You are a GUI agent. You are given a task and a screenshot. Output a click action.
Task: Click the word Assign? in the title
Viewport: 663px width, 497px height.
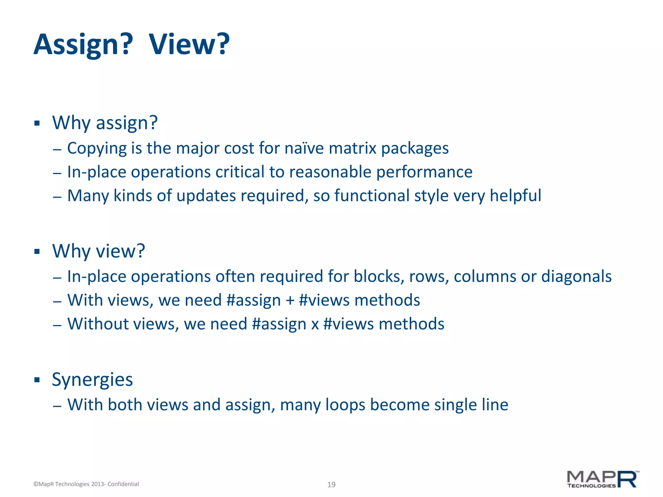coord(83,45)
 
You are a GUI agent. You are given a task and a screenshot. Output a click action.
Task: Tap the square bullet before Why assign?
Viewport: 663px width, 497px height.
coord(37,123)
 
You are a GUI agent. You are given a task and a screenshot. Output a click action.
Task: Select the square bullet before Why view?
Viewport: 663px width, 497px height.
coord(37,251)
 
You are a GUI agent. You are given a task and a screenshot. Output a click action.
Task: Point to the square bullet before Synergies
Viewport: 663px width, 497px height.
coord(37,380)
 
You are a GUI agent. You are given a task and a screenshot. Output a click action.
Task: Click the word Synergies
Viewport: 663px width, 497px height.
coord(92,380)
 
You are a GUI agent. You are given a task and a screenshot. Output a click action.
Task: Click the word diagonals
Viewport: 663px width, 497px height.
coord(576,277)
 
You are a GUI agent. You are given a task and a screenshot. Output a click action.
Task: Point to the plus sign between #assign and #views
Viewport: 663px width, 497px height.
coord(290,301)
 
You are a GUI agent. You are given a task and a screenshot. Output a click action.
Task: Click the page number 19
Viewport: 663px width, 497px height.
coord(331,485)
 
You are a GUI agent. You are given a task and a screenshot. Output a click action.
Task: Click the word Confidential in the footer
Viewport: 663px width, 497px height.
coord(123,484)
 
